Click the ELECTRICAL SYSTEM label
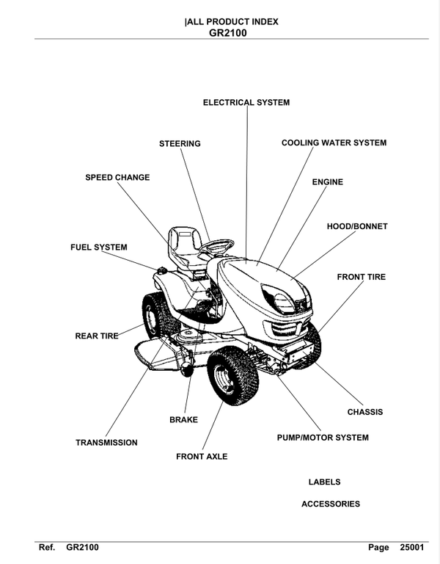click(x=246, y=102)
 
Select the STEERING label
click(x=180, y=143)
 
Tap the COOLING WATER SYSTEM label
click(x=334, y=142)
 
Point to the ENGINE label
click(x=327, y=181)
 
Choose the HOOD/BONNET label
click(x=356, y=226)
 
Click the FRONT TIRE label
click(x=361, y=277)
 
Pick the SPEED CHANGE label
click(x=117, y=177)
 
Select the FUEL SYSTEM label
click(x=98, y=247)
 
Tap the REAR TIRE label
click(x=96, y=336)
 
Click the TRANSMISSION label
click(x=106, y=443)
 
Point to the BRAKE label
click(x=183, y=420)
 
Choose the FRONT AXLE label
click(x=202, y=456)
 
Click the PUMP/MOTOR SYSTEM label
click(x=322, y=438)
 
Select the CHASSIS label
click(x=364, y=412)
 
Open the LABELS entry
click(x=324, y=482)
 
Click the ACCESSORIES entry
click(x=331, y=504)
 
